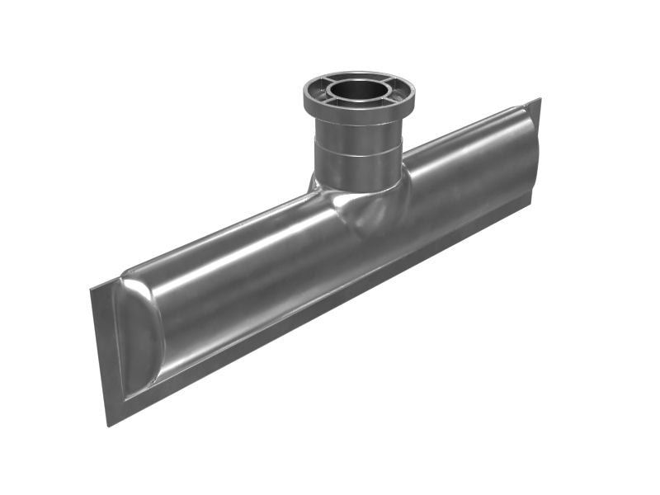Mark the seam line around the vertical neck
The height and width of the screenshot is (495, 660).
pos(358,154)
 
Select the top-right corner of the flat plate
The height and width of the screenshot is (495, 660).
pos(539,101)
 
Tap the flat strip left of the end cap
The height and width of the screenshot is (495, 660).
pos(103,346)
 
